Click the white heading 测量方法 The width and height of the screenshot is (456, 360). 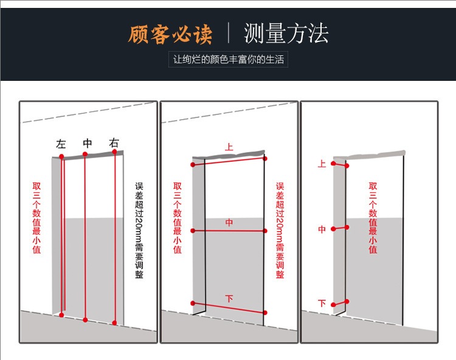point(286,33)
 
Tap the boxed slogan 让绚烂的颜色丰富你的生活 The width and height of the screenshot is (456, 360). point(228,60)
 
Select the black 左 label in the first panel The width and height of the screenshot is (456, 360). point(61,144)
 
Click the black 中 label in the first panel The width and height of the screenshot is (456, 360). point(88,144)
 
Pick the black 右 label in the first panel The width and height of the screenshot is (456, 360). point(114,144)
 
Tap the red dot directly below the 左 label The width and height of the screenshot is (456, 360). point(61,156)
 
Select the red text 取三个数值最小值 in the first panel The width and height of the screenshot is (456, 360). point(36,217)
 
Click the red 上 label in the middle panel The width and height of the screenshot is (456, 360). point(229,147)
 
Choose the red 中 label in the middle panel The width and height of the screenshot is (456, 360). point(229,223)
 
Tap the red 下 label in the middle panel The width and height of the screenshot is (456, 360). point(229,299)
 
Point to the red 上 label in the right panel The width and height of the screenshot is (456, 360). point(322,164)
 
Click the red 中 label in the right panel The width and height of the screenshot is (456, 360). point(322,229)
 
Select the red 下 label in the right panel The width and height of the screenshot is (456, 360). point(322,303)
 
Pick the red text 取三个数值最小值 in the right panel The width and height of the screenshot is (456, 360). point(373,217)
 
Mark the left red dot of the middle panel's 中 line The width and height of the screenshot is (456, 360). point(193,230)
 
